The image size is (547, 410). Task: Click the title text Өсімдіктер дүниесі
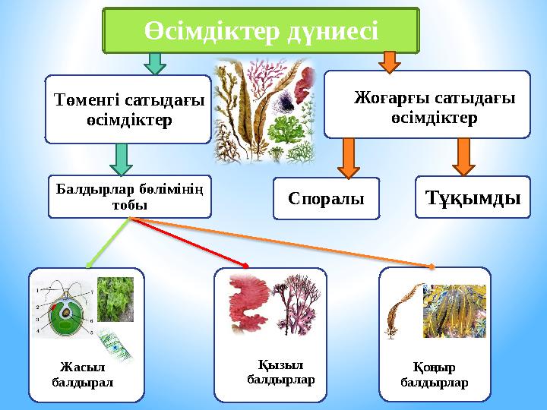coord(261,30)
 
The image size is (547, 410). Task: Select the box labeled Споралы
coord(326,198)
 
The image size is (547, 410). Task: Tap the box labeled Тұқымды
coord(473,197)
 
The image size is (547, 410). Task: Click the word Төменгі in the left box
coord(87,100)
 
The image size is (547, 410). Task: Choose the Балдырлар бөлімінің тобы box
coord(130,197)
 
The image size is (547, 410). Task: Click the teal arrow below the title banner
coord(155,64)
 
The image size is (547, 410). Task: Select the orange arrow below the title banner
coord(390,62)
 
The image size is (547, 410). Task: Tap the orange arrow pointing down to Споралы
coord(349,158)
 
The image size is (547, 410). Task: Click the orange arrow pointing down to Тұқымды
coord(463,157)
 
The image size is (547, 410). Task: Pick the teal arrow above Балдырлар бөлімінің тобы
coord(121,159)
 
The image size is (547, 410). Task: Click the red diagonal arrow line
coord(189,243)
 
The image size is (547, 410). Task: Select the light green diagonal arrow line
coord(108,243)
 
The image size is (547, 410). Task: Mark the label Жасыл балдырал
coord(83,375)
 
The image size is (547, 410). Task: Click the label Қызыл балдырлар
coord(281,372)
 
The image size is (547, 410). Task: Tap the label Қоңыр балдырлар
coord(435,375)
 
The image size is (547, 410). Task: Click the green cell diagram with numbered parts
coord(65,309)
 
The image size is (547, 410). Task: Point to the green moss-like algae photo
coord(115,299)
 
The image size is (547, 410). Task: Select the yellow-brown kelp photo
coord(454,311)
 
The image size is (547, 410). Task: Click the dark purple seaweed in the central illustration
coord(286,102)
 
